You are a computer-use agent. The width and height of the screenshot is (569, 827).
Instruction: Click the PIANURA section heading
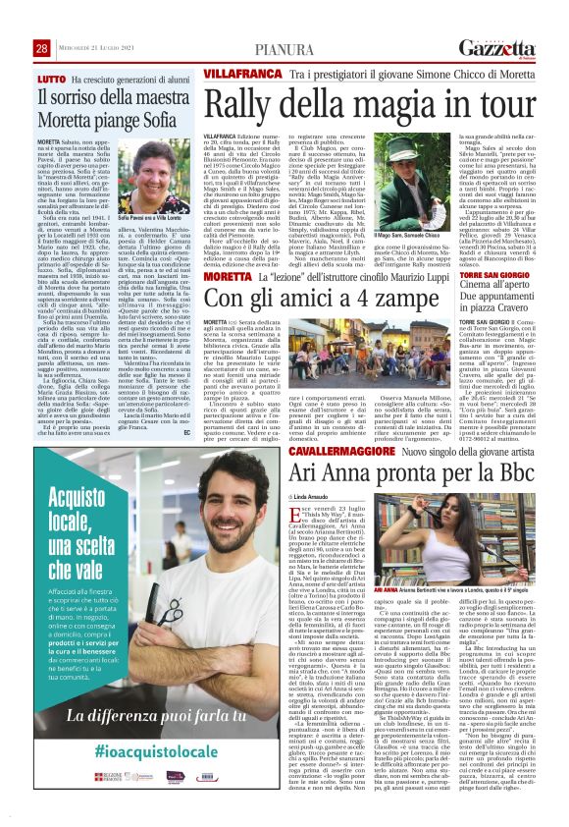pyautogui.click(x=284, y=22)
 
